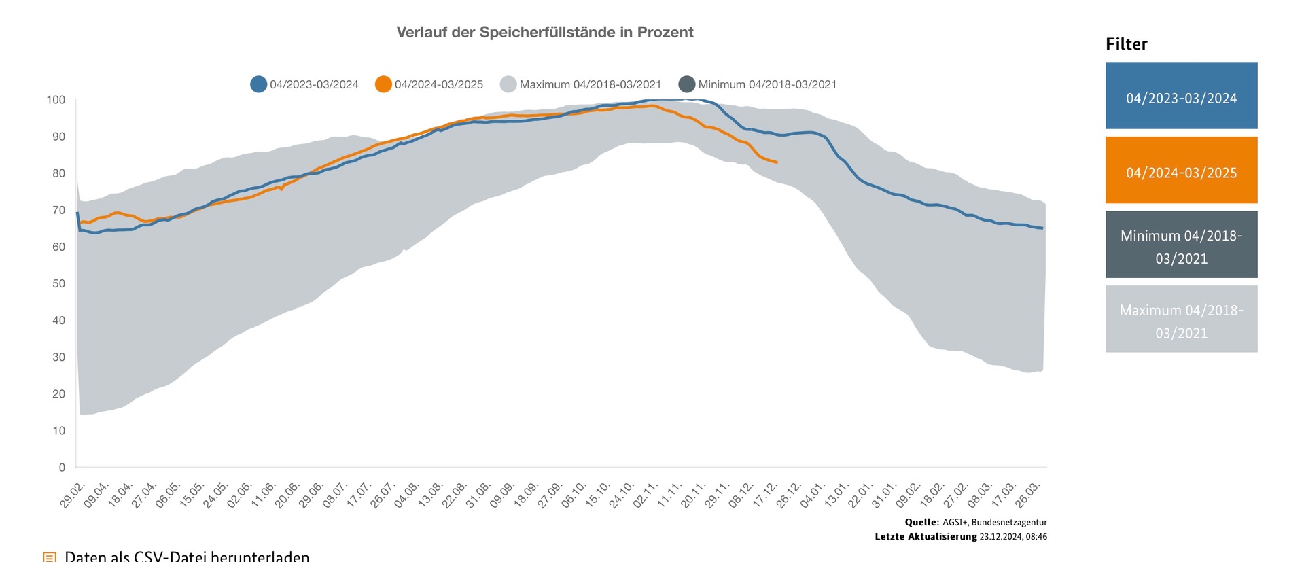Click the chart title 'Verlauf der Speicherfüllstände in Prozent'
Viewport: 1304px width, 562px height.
(544, 32)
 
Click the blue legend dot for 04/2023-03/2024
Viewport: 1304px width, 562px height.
(258, 84)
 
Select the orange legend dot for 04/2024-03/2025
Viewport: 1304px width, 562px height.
(383, 84)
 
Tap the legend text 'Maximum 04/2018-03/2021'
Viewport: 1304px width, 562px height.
(590, 84)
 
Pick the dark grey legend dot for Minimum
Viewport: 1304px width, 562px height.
(687, 84)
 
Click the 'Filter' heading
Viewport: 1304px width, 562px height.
(1126, 44)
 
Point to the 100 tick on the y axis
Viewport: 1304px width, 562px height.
(56, 100)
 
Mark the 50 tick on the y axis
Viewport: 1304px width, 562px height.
(58, 283)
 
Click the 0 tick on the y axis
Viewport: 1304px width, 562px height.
(62, 468)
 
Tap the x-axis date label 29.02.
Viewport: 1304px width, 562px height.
(73, 495)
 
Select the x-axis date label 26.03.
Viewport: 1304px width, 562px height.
(1027, 495)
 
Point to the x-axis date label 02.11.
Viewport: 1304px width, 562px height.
(646, 495)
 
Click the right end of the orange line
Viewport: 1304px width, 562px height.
(777, 162)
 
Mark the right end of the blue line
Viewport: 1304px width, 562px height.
(1042, 228)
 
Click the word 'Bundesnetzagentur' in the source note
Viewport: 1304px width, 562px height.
(1009, 523)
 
